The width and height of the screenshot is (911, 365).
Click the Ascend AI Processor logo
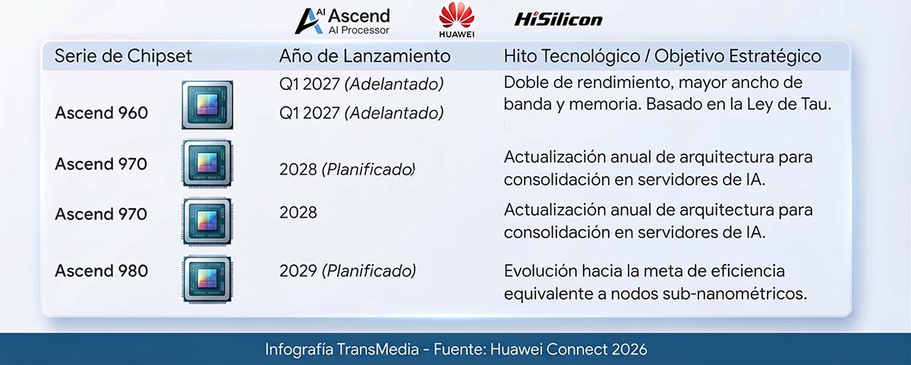(342, 21)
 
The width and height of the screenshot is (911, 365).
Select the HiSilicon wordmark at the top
(559, 19)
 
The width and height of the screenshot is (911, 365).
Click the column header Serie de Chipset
(123, 56)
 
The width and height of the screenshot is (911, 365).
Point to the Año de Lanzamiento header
(365, 56)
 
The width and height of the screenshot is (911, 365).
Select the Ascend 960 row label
(101, 112)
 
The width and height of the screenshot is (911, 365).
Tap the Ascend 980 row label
(101, 271)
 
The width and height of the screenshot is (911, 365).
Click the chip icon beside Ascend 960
(207, 105)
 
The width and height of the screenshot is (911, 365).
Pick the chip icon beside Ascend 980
(207, 279)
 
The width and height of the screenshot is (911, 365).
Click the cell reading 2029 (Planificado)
(348, 271)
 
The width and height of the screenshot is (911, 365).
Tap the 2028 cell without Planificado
(298, 212)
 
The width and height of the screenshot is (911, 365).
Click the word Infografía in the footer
(299, 350)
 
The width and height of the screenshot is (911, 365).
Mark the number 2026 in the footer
(629, 350)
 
